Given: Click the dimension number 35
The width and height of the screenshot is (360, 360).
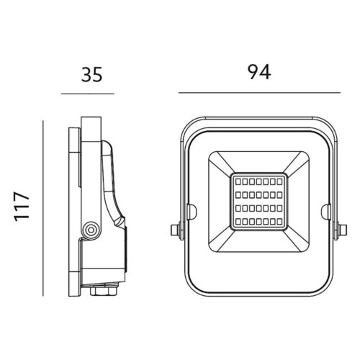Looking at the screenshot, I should (88, 73).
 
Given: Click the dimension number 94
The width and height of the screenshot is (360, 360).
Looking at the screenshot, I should (258, 73).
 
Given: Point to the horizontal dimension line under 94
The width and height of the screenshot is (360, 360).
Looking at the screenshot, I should (259, 94).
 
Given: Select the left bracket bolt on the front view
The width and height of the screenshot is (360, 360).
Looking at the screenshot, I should (174, 230).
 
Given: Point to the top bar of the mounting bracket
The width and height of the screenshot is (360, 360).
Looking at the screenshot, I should (257, 117).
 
